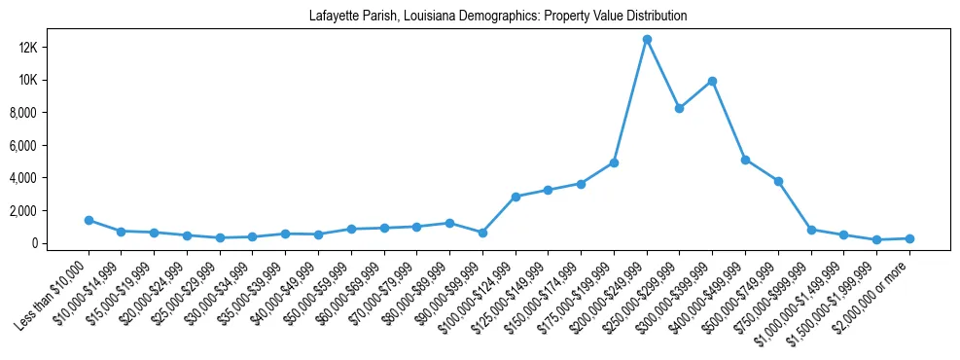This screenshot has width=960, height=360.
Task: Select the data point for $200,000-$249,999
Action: coord(647,39)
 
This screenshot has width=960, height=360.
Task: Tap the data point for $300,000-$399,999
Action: coord(712,81)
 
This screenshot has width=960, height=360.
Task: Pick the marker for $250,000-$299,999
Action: coord(680,108)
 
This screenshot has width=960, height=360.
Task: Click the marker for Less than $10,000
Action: coord(89,220)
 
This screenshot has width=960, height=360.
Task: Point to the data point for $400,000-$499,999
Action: coord(745,160)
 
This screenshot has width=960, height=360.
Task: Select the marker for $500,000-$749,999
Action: coord(778,181)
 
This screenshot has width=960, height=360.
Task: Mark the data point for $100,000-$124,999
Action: coord(516,197)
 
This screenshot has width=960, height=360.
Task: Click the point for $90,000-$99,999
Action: coord(482,233)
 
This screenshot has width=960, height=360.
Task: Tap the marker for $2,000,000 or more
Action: coord(909,238)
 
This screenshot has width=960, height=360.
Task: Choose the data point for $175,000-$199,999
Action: coord(614,162)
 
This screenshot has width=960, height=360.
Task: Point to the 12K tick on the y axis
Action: coord(53,48)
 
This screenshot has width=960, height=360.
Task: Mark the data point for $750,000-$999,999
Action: coord(811,230)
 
